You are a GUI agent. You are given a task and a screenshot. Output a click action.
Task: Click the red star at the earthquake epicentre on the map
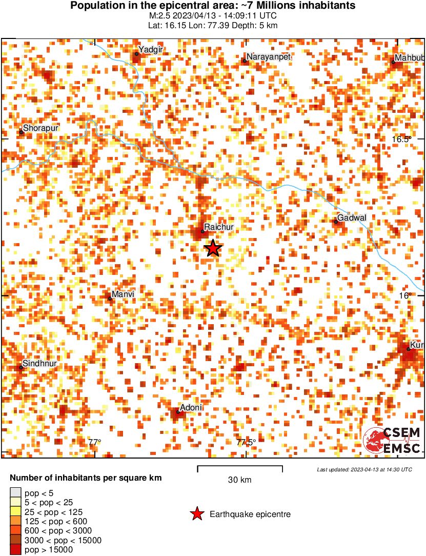[x=213, y=248]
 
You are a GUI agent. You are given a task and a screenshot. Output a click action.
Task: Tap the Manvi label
[x=123, y=294]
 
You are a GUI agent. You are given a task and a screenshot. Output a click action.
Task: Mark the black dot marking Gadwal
[x=336, y=222]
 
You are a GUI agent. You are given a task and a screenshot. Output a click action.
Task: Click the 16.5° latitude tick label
[x=399, y=139]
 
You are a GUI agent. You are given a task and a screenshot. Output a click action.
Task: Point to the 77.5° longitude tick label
[x=246, y=442]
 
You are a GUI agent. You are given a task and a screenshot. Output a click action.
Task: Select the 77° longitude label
[x=95, y=442]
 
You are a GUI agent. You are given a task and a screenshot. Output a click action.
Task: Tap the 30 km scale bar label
[x=239, y=480]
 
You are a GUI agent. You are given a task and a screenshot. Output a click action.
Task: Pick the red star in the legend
[x=197, y=514]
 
